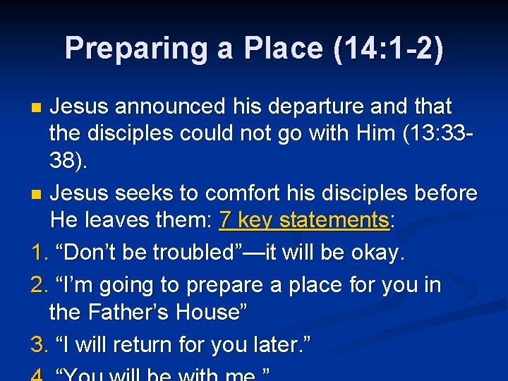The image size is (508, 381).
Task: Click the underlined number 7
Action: pyautogui.click(x=225, y=220)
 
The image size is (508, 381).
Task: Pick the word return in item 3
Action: pyautogui.click(x=139, y=345)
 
